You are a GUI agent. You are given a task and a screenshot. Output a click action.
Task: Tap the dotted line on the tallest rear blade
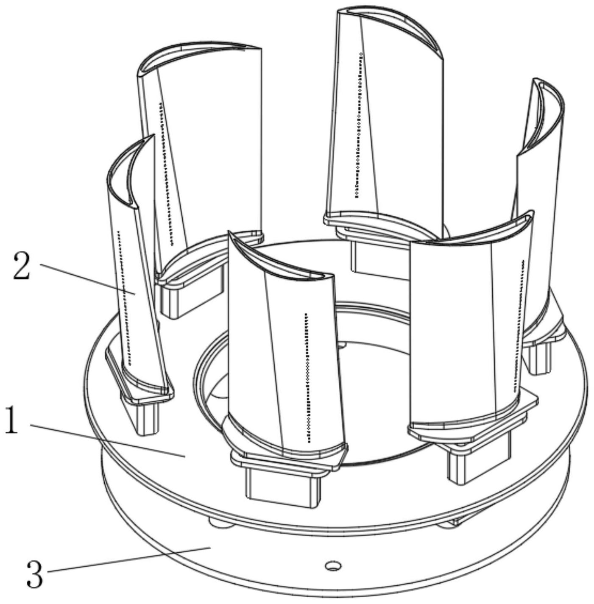[x=358, y=125]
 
